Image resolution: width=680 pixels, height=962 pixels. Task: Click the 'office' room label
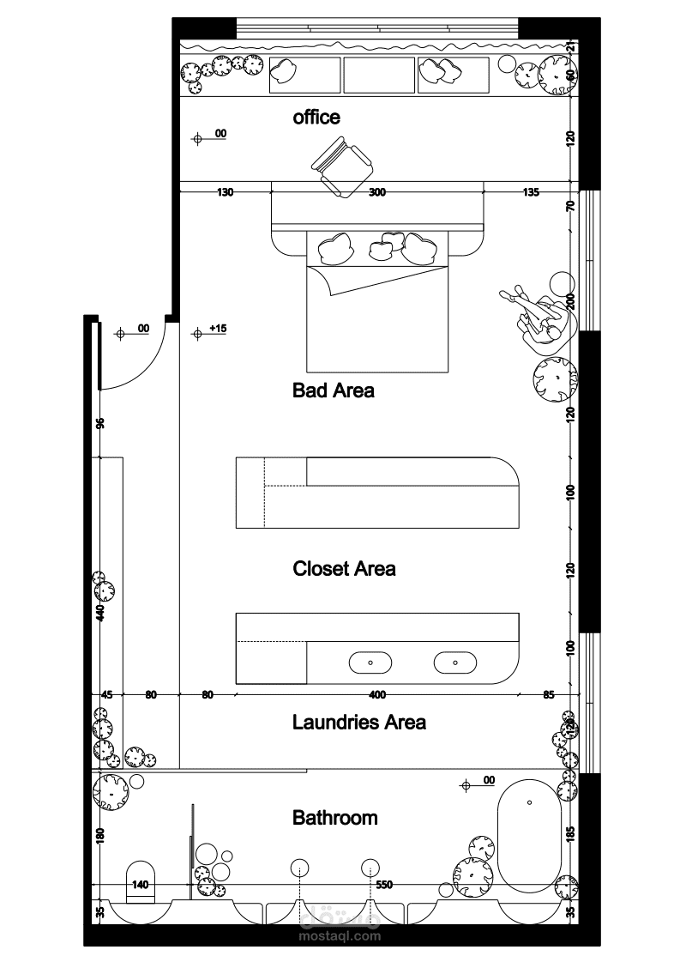point(316,118)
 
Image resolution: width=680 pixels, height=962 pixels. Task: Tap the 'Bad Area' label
point(333,390)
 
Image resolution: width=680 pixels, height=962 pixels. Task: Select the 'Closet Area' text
point(344,569)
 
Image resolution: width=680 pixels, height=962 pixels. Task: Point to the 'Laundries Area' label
point(358,722)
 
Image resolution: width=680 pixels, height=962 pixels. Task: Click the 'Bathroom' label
point(334,818)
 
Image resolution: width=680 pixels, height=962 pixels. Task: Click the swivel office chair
point(341,166)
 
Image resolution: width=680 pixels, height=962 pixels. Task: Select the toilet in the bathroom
point(141,882)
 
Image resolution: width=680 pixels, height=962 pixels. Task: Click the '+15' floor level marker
point(218,328)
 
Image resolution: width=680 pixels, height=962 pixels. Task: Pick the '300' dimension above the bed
point(377,192)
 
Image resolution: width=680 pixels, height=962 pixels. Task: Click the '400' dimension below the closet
point(377,694)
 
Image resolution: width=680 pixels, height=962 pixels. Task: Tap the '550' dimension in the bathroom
point(384,885)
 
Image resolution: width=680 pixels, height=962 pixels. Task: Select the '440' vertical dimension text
point(100,612)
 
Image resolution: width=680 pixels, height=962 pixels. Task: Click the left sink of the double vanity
point(370,663)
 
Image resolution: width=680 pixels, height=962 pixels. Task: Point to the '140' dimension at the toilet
point(141,885)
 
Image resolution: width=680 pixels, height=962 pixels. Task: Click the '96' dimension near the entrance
point(100,423)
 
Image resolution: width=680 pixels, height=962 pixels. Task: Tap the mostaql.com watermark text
point(340,936)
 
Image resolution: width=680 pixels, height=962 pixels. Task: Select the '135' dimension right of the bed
point(531,192)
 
